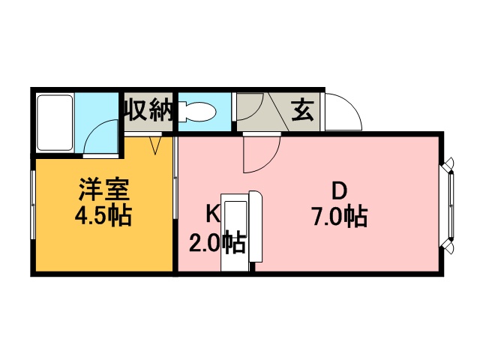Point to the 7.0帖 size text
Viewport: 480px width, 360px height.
(x=339, y=217)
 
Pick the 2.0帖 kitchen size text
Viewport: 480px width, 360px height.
(x=216, y=242)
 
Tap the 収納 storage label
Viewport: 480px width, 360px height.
(x=148, y=111)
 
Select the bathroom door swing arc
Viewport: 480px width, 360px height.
(x=98, y=139)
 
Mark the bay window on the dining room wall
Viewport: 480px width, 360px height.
(x=451, y=203)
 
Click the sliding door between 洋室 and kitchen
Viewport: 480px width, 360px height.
(x=174, y=199)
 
